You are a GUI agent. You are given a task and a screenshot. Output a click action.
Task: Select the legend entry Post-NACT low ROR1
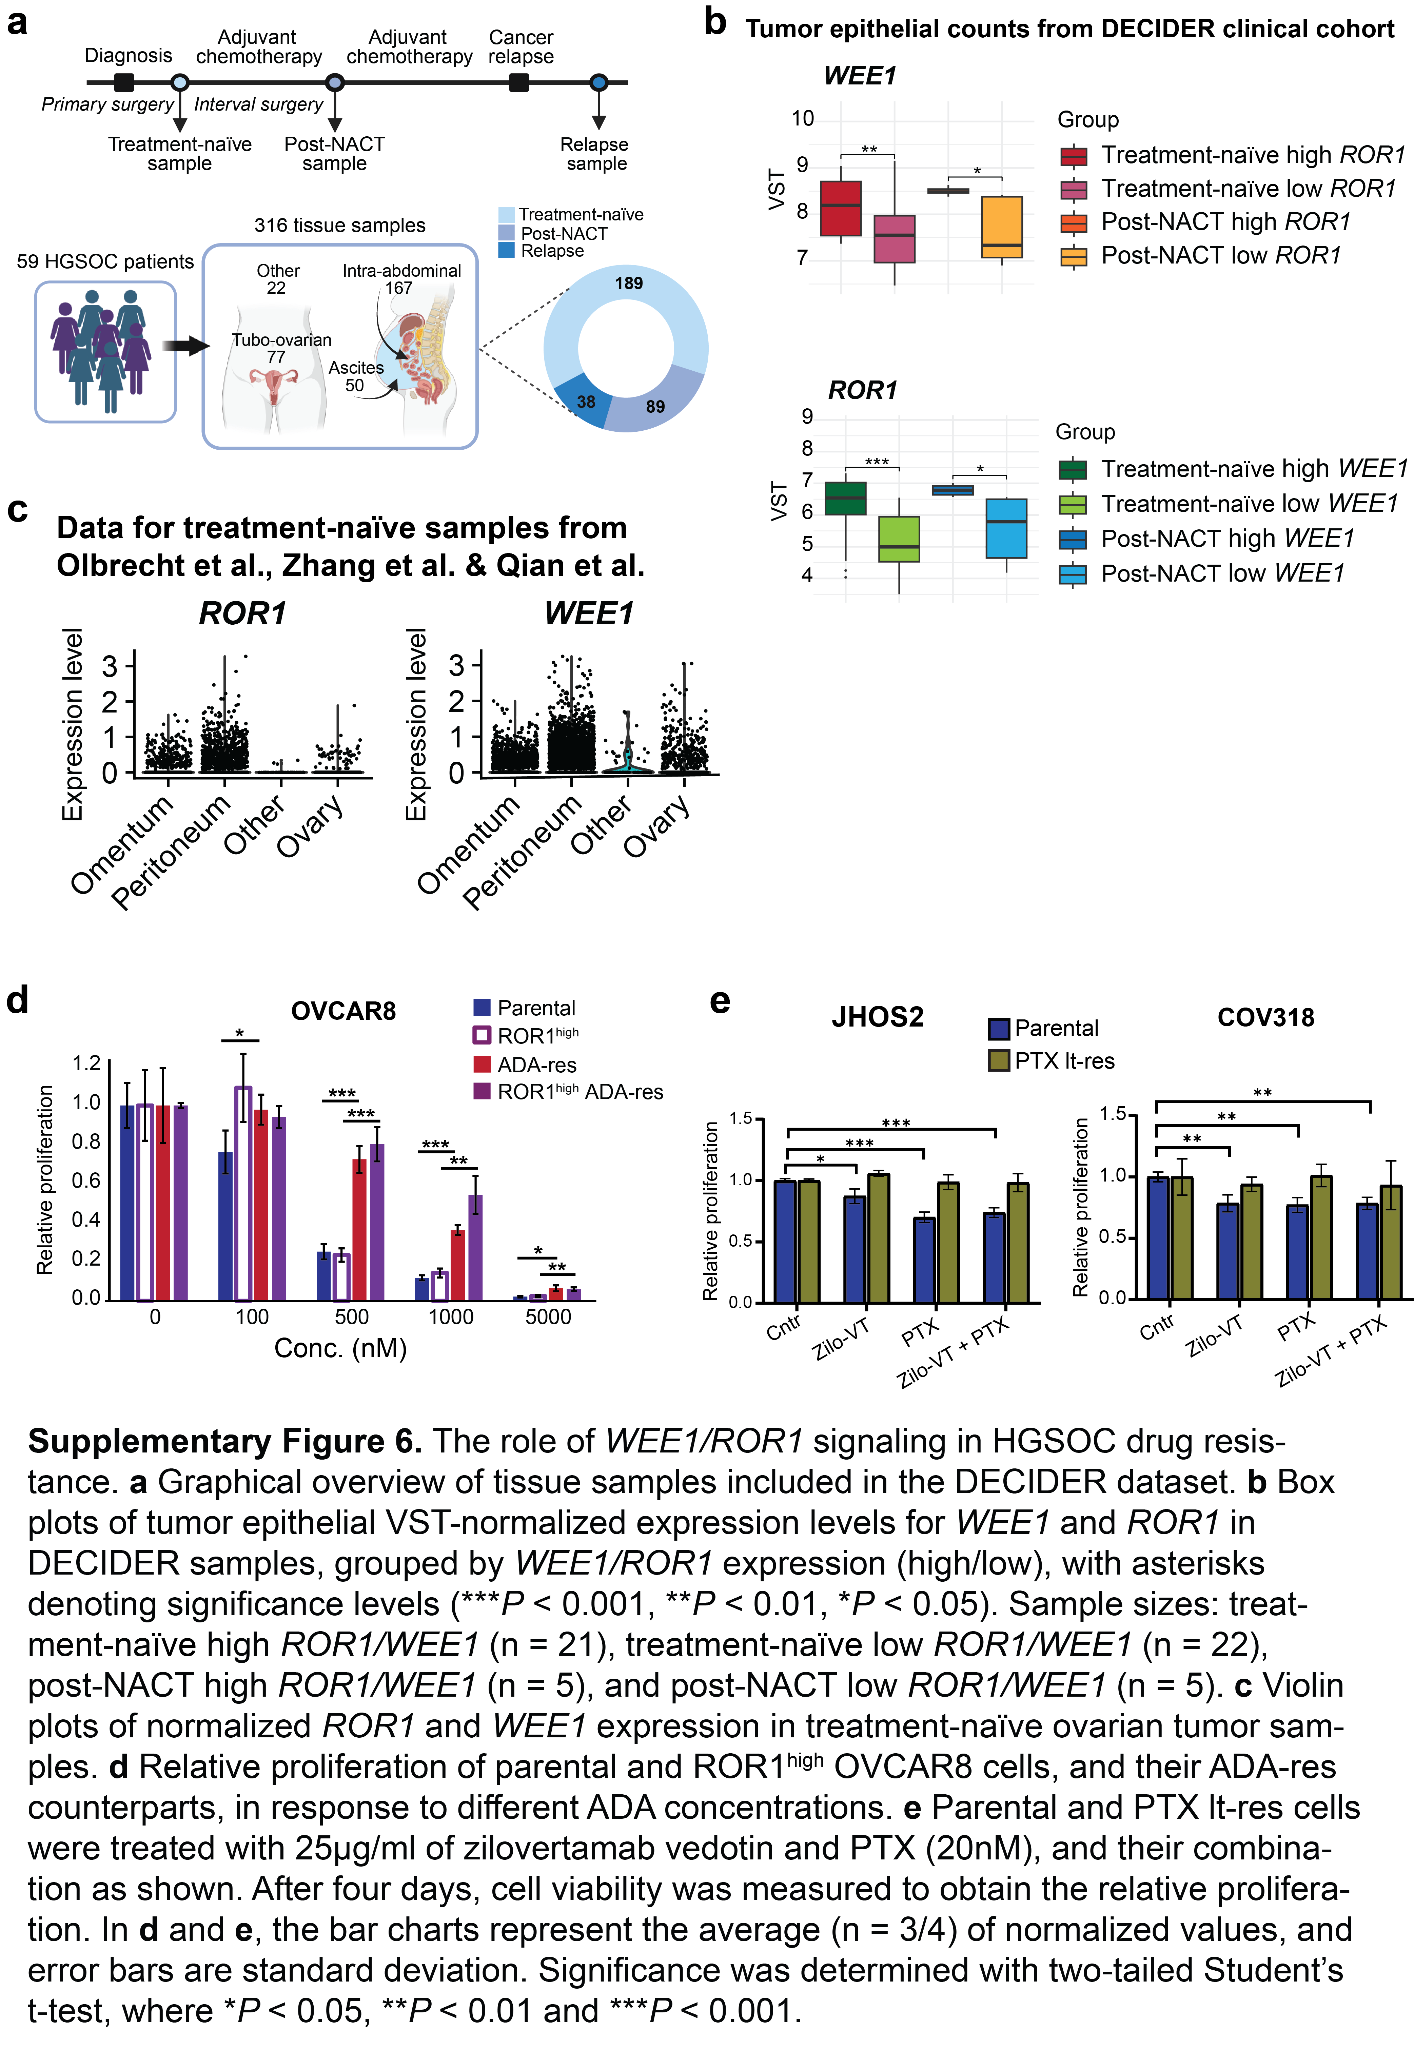tap(1200, 256)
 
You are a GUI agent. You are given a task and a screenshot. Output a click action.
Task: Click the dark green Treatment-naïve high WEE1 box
tap(845, 498)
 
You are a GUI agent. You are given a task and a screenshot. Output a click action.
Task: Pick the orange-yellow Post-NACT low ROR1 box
tap(1002, 227)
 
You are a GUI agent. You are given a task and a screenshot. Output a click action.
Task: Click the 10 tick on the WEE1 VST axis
tap(803, 119)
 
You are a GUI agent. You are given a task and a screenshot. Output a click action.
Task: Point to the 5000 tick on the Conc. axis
tap(548, 1316)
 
